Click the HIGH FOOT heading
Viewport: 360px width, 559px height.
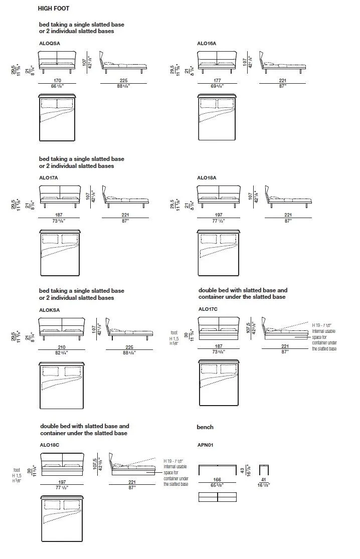click(x=53, y=9)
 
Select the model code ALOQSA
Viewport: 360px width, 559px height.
click(x=50, y=44)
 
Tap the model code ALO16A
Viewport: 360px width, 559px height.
click(x=207, y=44)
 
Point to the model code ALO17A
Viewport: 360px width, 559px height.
click(x=49, y=177)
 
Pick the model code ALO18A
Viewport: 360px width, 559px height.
click(x=207, y=177)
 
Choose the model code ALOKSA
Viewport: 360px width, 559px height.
click(x=49, y=310)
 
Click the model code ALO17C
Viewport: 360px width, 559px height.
click(x=208, y=309)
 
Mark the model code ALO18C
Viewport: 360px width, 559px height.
click(x=50, y=444)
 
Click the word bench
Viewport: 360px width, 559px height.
click(x=205, y=427)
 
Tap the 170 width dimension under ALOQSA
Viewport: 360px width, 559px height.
click(x=58, y=80)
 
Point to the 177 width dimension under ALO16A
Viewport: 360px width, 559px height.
click(x=217, y=80)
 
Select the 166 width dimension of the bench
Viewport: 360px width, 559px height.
click(x=217, y=480)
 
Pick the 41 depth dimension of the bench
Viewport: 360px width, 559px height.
click(x=264, y=480)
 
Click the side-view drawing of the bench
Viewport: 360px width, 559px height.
click(x=264, y=470)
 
